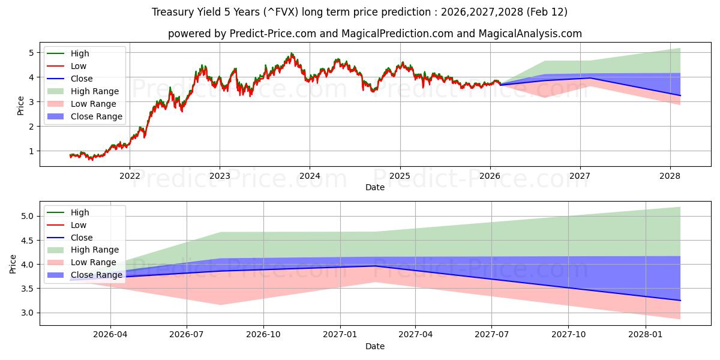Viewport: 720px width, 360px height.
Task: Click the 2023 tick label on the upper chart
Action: pyautogui.click(x=220, y=176)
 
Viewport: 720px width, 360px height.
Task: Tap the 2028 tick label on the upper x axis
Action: pyautogui.click(x=670, y=176)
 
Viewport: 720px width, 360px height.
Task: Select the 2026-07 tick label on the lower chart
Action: pyautogui.click(x=187, y=335)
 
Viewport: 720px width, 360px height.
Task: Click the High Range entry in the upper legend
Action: pyautogui.click(x=95, y=91)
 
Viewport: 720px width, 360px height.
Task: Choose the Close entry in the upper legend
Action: pyautogui.click(x=82, y=79)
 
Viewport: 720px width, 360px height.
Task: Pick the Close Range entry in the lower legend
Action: pyautogui.click(x=96, y=275)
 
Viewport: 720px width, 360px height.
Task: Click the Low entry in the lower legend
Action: pyautogui.click(x=78, y=225)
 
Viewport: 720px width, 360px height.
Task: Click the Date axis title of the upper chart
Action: pyautogui.click(x=375, y=187)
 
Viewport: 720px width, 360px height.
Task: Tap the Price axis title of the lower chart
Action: pyautogui.click(x=13, y=263)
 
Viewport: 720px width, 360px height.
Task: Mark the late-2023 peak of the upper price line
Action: pyautogui.click(x=292, y=54)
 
